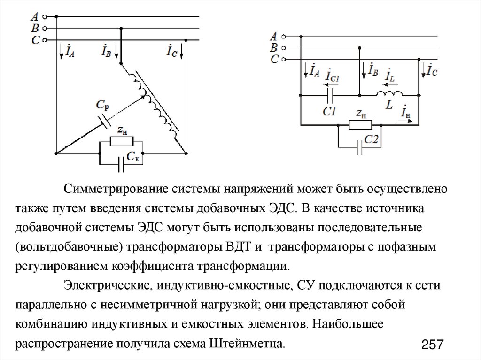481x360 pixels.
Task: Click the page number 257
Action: point(433,345)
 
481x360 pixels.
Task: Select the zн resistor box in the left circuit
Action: point(122,142)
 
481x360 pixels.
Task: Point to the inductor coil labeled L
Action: point(389,94)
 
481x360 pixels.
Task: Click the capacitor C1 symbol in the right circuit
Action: point(330,96)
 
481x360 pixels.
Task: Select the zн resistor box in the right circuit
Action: point(361,125)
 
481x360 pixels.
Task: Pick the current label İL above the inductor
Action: point(389,76)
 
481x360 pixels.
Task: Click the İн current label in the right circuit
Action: point(405,113)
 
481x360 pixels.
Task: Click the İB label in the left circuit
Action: point(107,51)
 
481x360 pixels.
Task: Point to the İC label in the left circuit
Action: point(172,51)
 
